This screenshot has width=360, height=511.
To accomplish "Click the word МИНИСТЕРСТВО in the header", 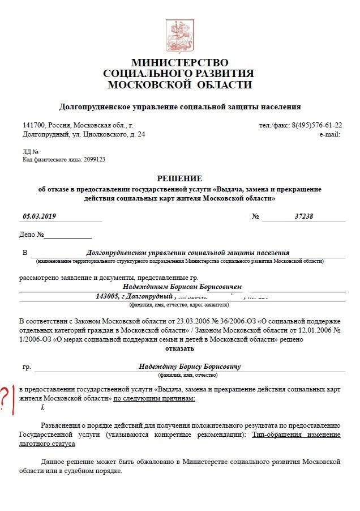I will point(180,62).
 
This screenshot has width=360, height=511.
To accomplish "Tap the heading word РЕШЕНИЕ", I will point(179,178).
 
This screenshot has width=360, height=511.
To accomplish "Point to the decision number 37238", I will point(304,216).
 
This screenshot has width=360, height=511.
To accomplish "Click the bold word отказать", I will point(179,348).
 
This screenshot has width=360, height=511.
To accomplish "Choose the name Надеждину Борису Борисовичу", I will point(190,367).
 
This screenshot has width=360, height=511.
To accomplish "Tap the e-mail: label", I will point(329,134).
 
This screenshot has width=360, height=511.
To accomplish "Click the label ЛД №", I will point(31,152).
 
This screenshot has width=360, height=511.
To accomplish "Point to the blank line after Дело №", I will point(67,235).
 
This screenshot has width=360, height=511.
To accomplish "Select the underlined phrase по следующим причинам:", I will point(154,399).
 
